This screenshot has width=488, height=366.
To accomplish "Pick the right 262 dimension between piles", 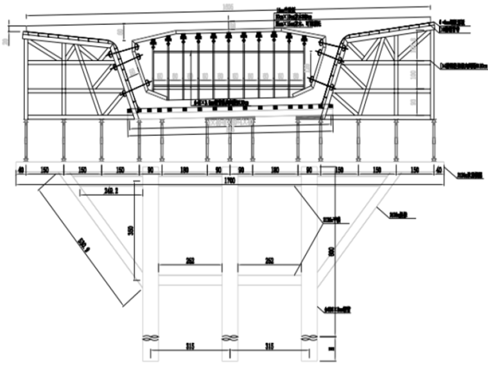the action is pos(268,261).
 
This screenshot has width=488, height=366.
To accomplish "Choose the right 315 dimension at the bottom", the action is pos(270,347).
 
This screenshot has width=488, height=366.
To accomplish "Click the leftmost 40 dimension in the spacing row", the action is pos(22,170).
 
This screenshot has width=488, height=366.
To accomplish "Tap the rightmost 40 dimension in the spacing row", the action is pos(439,170).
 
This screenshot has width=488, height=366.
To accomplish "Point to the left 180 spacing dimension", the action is pos(183,170).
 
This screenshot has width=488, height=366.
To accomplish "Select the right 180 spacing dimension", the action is pos(276,170).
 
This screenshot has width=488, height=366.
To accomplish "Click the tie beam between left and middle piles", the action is pos(190,280).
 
